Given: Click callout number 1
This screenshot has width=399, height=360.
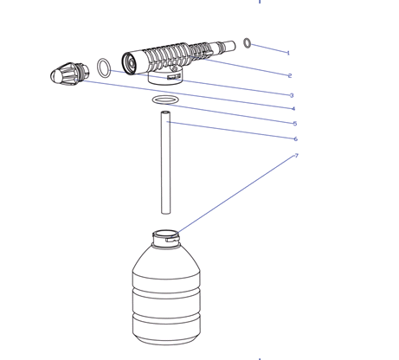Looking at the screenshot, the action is (288, 53).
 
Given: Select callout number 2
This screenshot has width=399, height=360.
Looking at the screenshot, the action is (290, 75).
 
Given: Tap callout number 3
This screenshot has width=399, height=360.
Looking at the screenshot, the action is (292, 95).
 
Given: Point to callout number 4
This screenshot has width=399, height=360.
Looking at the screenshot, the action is (293, 109).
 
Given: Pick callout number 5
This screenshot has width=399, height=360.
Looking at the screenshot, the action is (295, 124).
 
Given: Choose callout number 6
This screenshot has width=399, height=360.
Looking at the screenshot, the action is (295, 139).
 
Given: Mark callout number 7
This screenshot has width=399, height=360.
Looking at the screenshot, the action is (296, 156).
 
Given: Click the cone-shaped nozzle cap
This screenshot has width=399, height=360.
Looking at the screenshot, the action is (70, 74).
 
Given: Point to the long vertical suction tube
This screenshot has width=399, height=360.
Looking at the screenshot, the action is (165, 163).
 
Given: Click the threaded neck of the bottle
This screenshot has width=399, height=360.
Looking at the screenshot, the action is (166, 238).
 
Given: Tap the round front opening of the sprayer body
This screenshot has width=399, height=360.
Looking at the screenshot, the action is (129, 62).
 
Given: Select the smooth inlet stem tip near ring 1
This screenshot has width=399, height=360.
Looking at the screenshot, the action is (229, 46).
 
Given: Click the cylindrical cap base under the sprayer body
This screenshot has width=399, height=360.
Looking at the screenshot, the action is (165, 76).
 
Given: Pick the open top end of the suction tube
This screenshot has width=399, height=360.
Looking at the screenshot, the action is (165, 112).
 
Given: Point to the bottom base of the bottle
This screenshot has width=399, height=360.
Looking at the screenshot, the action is (166, 339).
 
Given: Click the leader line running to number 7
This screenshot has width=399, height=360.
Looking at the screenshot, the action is (236, 194).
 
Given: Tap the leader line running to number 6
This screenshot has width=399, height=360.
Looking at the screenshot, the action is (231, 131).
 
